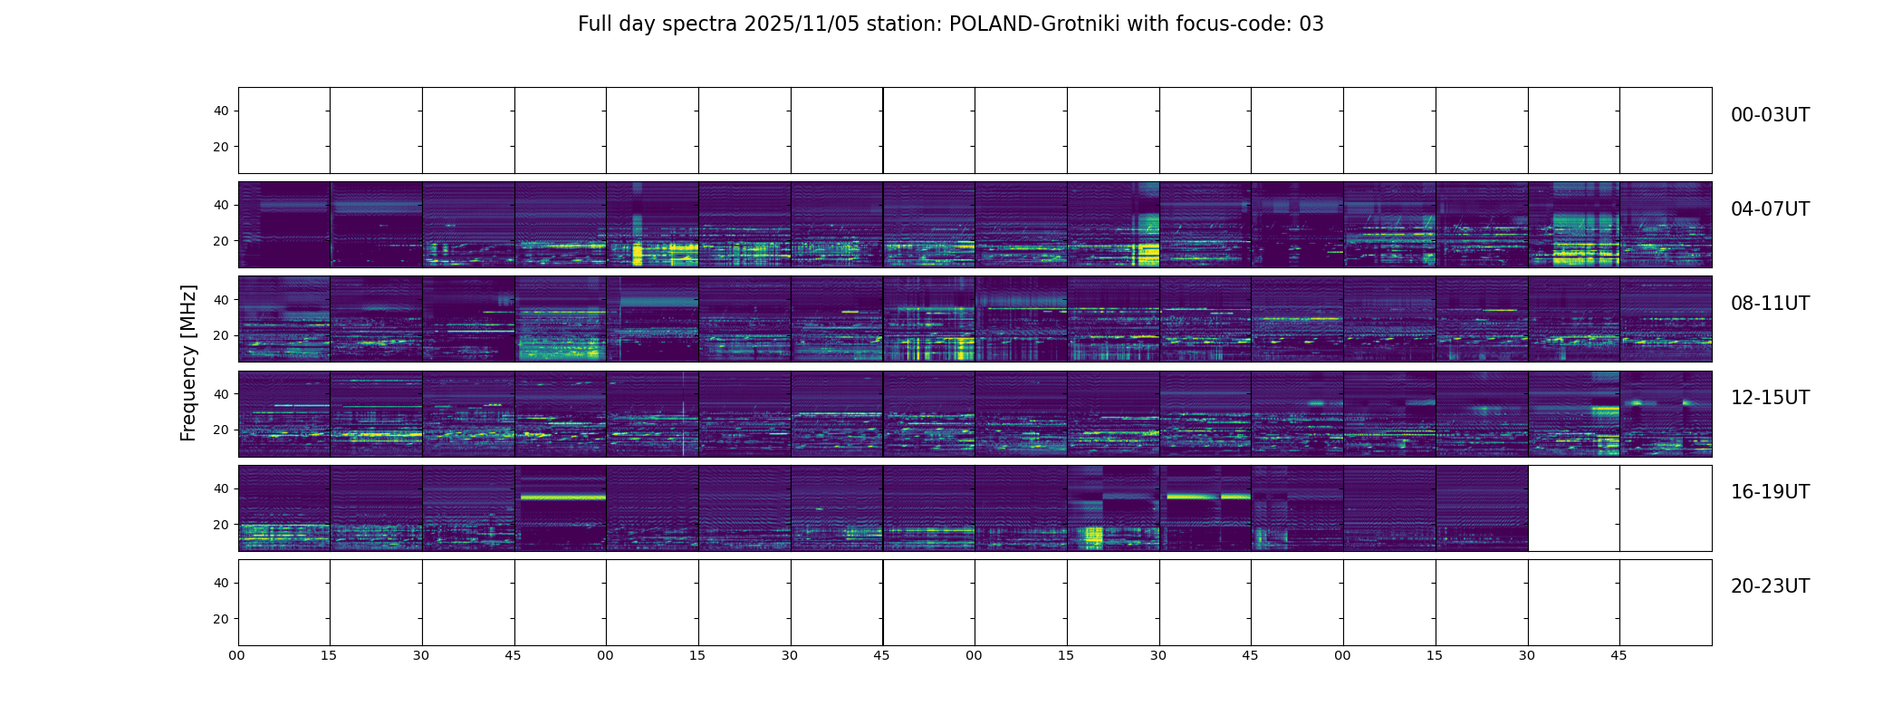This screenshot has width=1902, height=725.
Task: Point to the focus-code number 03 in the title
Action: click(1311, 24)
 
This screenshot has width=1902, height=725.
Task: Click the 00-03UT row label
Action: click(1770, 116)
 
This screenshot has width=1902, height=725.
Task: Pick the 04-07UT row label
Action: click(1770, 210)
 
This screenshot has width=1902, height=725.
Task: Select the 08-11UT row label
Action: click(1770, 304)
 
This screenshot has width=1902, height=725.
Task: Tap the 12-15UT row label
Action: click(1770, 399)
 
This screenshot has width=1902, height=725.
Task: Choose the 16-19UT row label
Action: click(1770, 493)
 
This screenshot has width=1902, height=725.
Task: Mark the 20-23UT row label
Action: click(1770, 587)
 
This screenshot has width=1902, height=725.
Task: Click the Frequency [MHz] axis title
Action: click(188, 362)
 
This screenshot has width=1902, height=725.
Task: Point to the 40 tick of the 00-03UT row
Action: click(221, 111)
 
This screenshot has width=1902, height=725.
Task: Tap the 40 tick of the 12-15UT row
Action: click(221, 395)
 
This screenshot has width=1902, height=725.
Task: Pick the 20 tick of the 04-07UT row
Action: click(221, 242)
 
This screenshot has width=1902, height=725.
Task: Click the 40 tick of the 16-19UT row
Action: click(221, 489)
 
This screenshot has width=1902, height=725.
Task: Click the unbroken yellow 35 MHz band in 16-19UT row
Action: click(562, 497)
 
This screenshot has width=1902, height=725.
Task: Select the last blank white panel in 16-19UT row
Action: click(1666, 508)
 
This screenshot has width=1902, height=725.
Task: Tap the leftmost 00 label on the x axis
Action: click(237, 655)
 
